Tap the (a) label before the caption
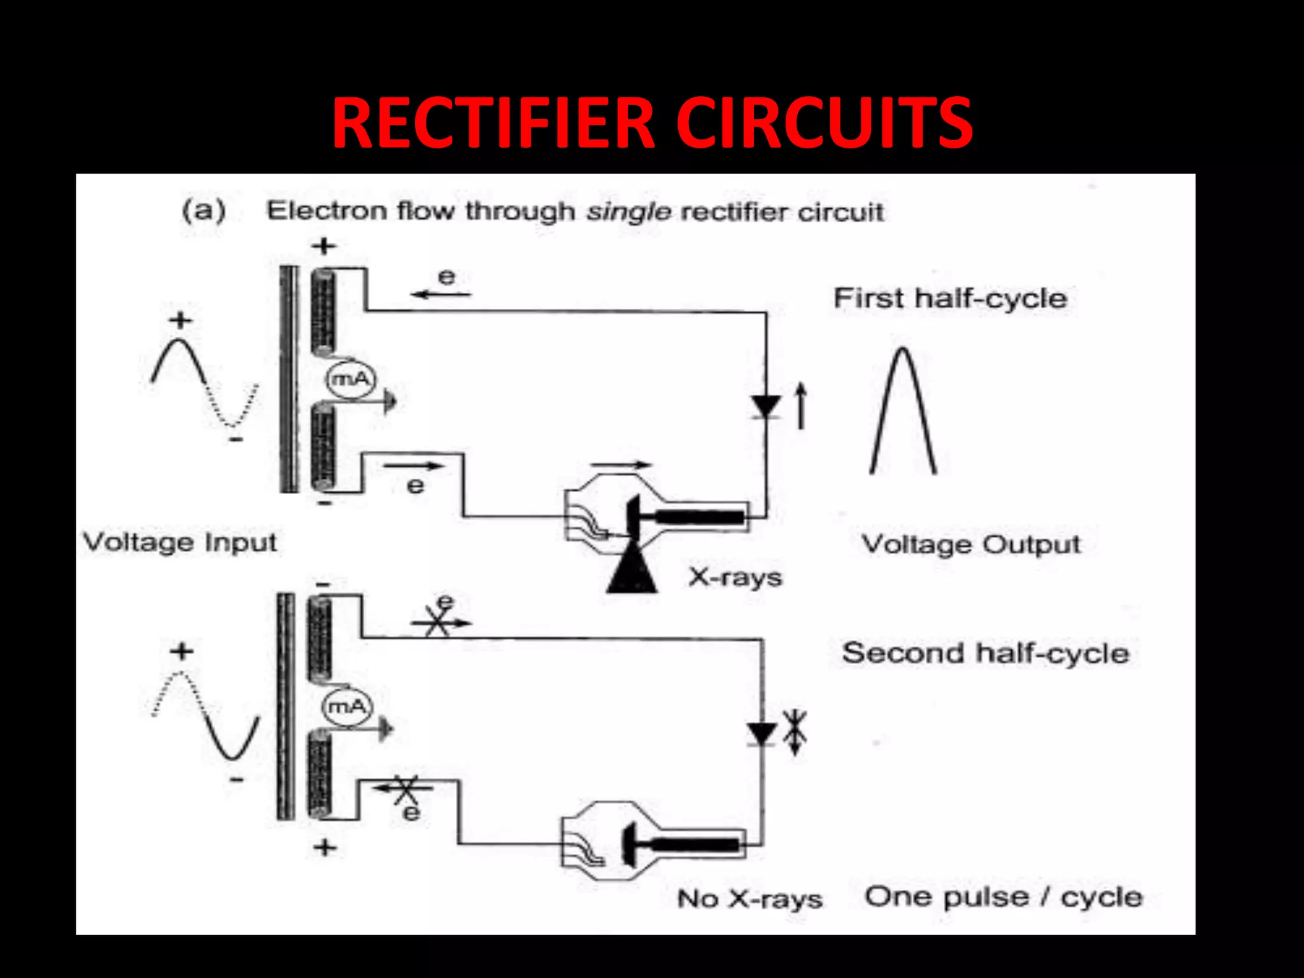tap(204, 210)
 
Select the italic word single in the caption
tap(628, 211)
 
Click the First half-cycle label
tap(950, 298)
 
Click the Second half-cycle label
tap(985, 653)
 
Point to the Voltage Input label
tap(180, 542)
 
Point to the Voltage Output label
tap(970, 544)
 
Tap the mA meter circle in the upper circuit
tap(350, 380)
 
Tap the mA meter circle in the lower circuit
tap(347, 706)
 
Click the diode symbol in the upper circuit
tap(765, 406)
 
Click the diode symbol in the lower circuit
tap(762, 733)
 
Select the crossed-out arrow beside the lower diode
tap(795, 732)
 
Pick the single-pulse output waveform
tap(903, 411)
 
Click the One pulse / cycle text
tap(1003, 896)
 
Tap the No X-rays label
tap(749, 898)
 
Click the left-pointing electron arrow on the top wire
tap(441, 294)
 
